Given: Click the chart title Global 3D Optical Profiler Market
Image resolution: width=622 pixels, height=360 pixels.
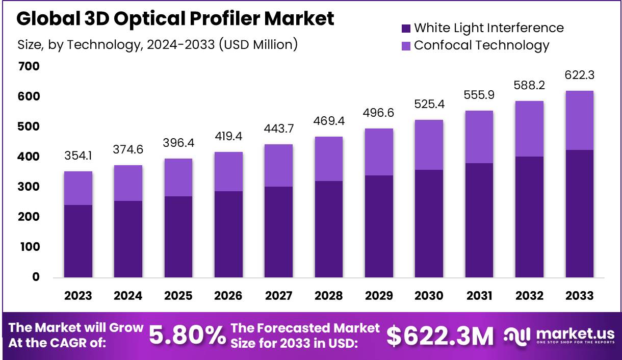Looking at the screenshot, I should click(x=175, y=19).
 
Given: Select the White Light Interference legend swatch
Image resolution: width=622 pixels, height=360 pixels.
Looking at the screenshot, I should click(x=406, y=28).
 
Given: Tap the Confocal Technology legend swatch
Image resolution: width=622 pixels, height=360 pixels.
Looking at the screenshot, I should click(x=406, y=45).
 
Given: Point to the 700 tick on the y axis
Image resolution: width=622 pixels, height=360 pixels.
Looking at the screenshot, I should click(x=29, y=66).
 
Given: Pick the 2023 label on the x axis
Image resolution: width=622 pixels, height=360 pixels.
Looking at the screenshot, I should click(x=78, y=296).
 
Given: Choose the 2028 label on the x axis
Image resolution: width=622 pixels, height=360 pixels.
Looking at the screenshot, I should click(x=328, y=296).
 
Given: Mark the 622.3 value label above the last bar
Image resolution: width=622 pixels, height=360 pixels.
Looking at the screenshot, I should click(x=580, y=75).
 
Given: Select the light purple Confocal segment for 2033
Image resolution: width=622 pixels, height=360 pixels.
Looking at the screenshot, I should click(x=580, y=120).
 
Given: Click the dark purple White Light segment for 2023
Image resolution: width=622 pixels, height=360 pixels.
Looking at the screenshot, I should click(x=78, y=241).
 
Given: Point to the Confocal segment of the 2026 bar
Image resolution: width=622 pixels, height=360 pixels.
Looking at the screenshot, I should click(x=228, y=171).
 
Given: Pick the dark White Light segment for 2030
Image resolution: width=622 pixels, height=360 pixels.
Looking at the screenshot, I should click(x=429, y=223).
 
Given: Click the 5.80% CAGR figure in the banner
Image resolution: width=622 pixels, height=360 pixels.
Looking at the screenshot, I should click(x=187, y=335).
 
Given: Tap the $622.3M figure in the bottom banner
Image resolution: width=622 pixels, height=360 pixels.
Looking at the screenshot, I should click(x=439, y=335).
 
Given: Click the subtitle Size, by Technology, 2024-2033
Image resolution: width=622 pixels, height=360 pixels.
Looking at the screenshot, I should click(x=157, y=45).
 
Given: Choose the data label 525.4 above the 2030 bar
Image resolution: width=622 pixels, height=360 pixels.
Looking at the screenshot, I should click(x=429, y=105).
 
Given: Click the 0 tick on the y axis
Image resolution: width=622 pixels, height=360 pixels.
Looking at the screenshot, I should click(x=36, y=277).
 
